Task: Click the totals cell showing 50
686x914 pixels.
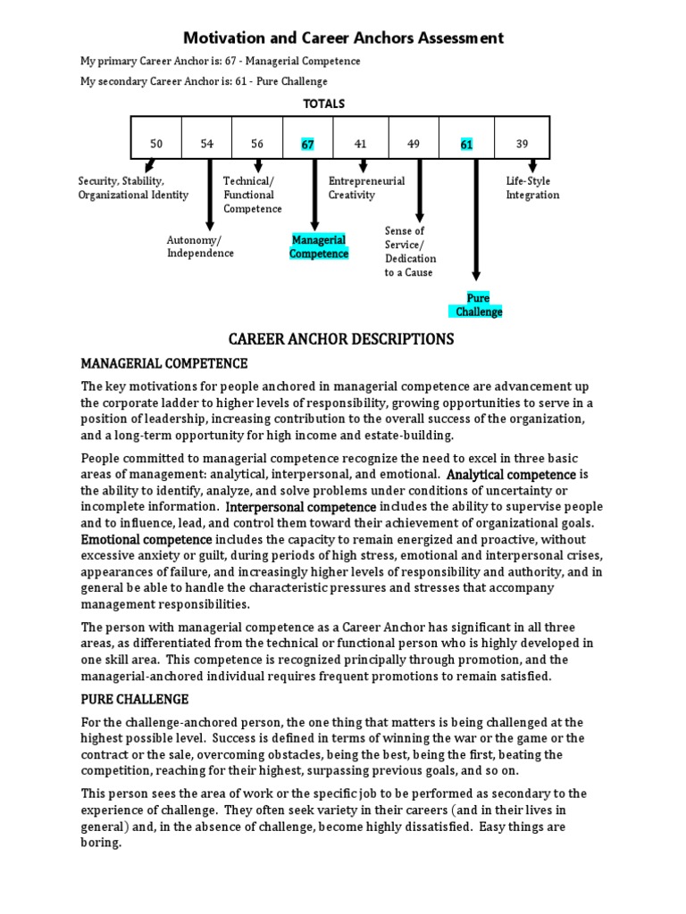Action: click(x=156, y=144)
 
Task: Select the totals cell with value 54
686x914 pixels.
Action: click(x=207, y=144)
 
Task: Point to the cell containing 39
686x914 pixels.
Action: click(x=523, y=144)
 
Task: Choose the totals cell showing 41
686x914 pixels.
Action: click(x=360, y=144)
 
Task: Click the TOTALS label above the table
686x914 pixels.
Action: click(x=323, y=104)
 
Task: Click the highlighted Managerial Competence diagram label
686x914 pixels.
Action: click(x=319, y=247)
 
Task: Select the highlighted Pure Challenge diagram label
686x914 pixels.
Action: click(x=479, y=305)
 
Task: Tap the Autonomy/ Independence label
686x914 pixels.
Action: click(x=200, y=246)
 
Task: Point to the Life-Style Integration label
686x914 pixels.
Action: click(x=532, y=187)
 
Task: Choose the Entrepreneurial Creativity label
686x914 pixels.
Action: click(x=366, y=187)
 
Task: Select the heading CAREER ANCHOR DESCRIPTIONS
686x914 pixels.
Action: click(x=341, y=339)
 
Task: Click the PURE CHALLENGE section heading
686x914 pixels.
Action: click(x=134, y=699)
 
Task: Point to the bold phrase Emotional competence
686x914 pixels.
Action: click(x=146, y=540)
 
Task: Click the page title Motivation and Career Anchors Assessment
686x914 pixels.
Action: click(x=343, y=38)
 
